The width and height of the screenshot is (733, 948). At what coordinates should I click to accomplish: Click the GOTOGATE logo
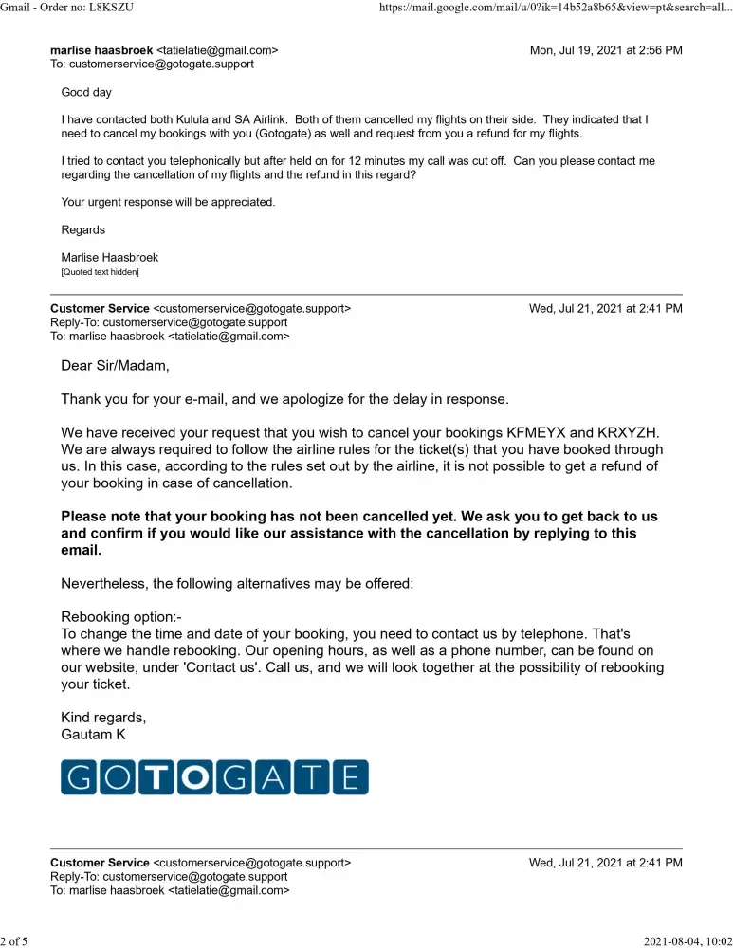[214, 776]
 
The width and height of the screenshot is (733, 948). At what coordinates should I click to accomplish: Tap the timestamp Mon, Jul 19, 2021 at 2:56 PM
[605, 50]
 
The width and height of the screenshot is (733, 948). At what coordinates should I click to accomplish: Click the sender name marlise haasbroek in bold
[101, 50]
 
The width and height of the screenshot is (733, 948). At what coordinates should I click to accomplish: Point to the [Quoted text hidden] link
[100, 273]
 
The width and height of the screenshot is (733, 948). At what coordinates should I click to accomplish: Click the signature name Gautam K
[93, 734]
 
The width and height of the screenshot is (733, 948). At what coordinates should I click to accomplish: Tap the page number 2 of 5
[14, 940]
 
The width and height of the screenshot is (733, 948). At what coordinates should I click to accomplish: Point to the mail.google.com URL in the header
[555, 8]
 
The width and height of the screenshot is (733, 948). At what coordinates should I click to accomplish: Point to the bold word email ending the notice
[81, 550]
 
